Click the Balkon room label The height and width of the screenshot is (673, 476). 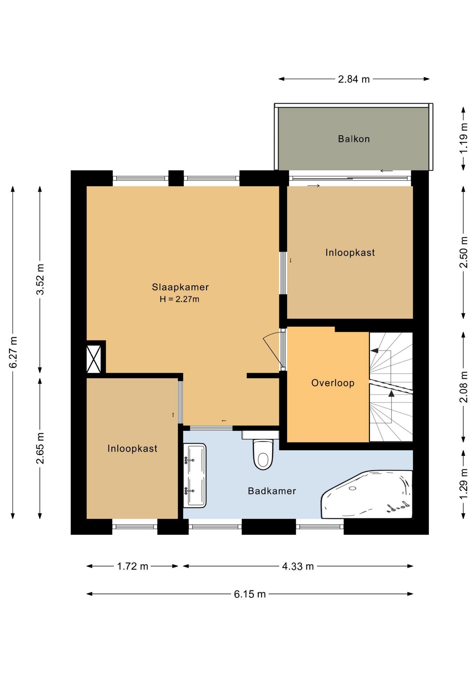(354, 139)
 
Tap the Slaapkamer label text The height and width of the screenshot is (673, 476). (180, 287)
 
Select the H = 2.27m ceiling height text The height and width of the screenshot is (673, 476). (179, 299)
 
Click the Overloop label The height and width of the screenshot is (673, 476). (333, 383)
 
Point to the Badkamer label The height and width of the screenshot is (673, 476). (272, 491)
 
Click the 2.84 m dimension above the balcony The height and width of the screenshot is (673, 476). (354, 80)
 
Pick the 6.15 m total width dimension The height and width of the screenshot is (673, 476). (250, 594)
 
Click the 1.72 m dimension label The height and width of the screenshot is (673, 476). (132, 566)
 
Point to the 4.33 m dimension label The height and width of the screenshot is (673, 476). (298, 566)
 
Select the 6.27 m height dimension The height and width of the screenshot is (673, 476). (13, 352)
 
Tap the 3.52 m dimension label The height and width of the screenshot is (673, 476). (40, 279)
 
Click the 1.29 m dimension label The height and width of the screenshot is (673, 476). (463, 484)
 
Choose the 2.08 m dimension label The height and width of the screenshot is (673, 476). (463, 387)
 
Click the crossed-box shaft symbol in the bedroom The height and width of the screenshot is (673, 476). (94, 359)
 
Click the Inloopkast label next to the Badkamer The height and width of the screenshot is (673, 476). (132, 449)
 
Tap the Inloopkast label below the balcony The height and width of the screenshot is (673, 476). (350, 253)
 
